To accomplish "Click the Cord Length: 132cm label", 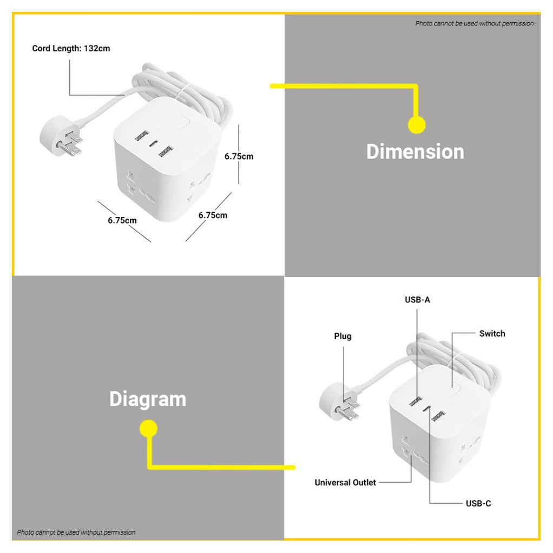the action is [71, 48].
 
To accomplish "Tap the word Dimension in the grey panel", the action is [415, 152].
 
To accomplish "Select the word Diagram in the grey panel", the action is [148, 399].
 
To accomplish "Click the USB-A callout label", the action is [417, 300].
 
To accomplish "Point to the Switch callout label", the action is [492, 334].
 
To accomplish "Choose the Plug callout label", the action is [343, 336].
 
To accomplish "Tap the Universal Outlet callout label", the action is [345, 483].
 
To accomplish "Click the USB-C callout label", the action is [478, 503].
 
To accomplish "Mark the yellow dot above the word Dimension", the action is [417, 125].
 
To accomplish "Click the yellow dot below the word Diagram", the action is [148, 429].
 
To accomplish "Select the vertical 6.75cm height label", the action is [239, 156].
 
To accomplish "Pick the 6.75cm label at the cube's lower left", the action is [122, 220].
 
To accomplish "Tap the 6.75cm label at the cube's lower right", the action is [213, 215].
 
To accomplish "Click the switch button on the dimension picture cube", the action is [179, 122].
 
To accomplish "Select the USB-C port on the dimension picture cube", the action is [154, 143].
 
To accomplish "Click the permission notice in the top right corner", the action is [474, 24].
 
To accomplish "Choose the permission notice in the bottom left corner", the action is [76, 532].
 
